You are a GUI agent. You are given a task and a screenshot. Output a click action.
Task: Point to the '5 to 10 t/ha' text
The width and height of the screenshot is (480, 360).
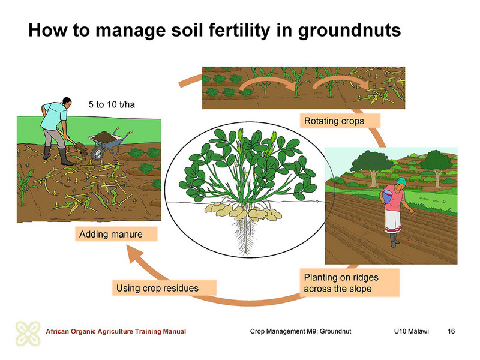[x=112, y=104]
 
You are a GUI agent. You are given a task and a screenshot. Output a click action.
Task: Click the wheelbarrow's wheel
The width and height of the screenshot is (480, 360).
[x=98, y=153]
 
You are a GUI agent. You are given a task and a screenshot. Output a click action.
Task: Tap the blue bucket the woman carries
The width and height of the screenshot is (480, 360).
[x=387, y=196]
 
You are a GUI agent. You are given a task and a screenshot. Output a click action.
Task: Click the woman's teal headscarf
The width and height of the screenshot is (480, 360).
[x=401, y=181]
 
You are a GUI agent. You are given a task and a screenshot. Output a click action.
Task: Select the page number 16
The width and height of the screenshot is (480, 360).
[x=451, y=331]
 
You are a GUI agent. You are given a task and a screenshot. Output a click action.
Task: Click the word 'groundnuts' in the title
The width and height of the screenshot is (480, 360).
[x=349, y=31]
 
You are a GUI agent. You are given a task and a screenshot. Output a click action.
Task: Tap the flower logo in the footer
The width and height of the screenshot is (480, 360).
[x=28, y=334]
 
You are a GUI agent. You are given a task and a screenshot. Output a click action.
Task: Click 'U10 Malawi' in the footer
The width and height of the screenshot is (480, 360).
[x=412, y=331]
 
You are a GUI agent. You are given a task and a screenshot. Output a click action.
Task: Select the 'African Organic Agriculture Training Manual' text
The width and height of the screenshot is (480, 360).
[x=116, y=331]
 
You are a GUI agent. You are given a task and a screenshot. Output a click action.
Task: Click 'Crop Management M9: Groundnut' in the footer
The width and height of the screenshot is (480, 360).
[x=301, y=331]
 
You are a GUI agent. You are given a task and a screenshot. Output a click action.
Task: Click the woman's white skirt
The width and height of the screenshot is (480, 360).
[x=393, y=221]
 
